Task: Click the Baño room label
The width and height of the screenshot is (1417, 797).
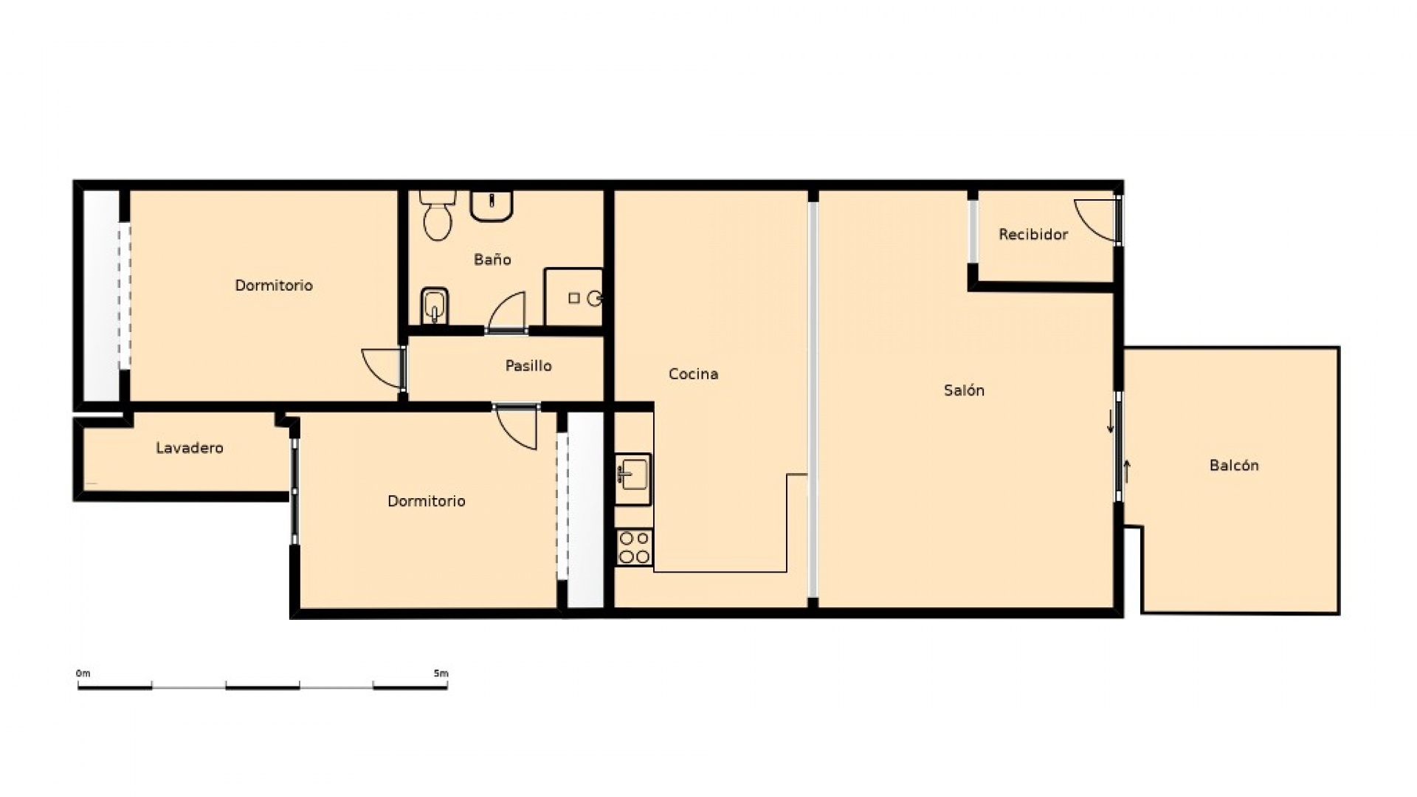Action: (492, 260)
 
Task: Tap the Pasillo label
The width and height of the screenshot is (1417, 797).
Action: (528, 366)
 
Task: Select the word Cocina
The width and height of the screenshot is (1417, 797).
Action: (693, 374)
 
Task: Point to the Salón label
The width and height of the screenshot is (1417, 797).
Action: (964, 390)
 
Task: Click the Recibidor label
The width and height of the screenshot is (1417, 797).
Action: (1033, 235)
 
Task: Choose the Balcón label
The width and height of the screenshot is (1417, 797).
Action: (1234, 466)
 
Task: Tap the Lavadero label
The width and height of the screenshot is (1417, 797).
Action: (190, 448)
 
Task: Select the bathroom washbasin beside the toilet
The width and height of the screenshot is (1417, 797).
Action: (492, 206)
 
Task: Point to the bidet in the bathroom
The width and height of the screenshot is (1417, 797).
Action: (434, 306)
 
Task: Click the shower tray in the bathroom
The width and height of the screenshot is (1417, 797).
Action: (573, 297)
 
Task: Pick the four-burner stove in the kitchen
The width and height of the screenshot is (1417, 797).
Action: (634, 548)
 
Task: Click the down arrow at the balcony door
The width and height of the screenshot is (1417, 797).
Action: (1111, 423)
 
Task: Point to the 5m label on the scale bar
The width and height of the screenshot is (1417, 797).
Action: (441, 674)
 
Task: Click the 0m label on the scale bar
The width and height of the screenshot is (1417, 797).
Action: (83, 674)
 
